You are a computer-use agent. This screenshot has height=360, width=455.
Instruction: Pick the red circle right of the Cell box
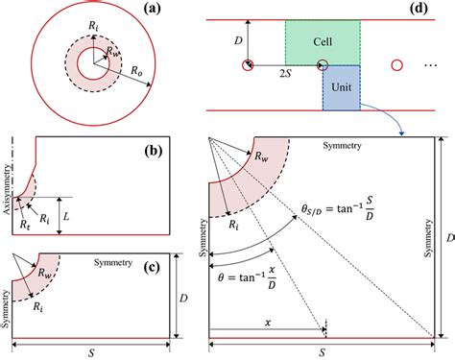[395, 65]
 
